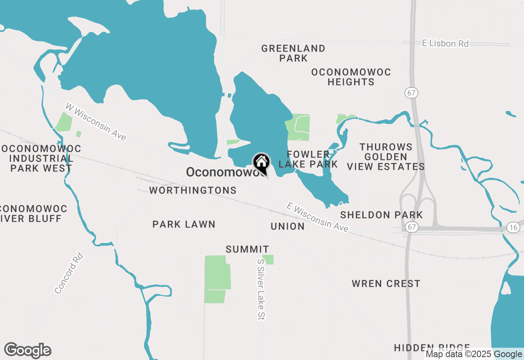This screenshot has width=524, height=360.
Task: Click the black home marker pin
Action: (261, 162)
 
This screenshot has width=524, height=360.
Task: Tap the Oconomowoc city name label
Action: (221, 172)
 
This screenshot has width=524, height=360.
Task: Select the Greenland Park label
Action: (294, 53)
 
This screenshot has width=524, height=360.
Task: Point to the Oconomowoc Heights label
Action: (351, 77)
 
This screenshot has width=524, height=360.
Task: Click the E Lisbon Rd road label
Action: (445, 43)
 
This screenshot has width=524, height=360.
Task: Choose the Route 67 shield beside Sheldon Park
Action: (412, 227)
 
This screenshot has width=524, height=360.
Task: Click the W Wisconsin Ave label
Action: (96, 122)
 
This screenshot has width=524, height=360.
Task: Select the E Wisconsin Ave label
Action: (318, 217)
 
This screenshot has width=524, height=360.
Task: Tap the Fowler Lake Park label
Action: (308, 159)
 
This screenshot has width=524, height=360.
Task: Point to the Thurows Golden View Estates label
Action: (386, 156)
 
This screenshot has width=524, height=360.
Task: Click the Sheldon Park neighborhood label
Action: (382, 215)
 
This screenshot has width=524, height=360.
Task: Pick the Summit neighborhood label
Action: (247, 249)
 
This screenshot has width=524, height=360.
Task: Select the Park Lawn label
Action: (184, 224)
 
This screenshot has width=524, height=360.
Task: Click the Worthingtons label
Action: (193, 190)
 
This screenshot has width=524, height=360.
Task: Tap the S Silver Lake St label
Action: (261, 289)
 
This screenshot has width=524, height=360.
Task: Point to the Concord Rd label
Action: (69, 273)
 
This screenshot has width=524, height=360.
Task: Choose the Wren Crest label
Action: (386, 283)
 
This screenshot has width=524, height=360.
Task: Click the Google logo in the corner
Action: (28, 351)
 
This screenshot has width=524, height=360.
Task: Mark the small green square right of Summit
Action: (268, 259)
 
